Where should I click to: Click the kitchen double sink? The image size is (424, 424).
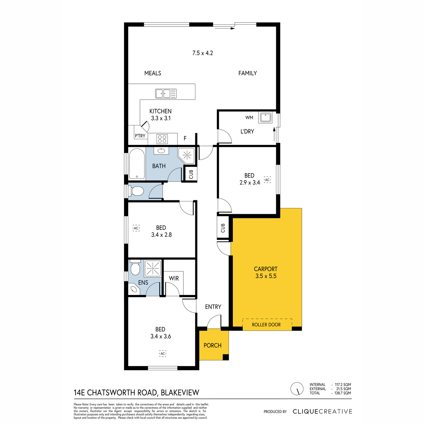click(x=166, y=94)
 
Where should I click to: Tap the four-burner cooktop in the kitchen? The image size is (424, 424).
click(x=162, y=139)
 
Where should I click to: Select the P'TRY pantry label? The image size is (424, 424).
click(x=140, y=136)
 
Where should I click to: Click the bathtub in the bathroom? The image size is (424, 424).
click(x=137, y=164)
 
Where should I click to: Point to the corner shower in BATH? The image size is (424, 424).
click(x=187, y=156)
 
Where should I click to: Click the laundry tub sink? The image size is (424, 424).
click(x=265, y=117)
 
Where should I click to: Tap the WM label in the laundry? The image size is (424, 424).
click(x=249, y=118)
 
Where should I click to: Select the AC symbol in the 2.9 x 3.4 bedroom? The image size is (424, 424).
click(x=267, y=179)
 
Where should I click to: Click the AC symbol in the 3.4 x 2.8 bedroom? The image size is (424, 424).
click(x=136, y=228)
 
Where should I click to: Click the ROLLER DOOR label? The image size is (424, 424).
click(x=266, y=325)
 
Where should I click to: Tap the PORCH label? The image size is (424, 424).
click(x=212, y=345)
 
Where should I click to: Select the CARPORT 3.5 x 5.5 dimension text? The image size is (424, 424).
click(x=266, y=276)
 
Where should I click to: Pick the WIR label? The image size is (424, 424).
click(x=174, y=278)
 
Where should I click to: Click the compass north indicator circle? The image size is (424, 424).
click(x=297, y=388)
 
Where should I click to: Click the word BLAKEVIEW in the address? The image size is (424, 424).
click(x=180, y=393)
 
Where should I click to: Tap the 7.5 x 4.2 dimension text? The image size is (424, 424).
click(x=202, y=53)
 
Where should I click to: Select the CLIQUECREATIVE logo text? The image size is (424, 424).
click(x=322, y=411)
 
